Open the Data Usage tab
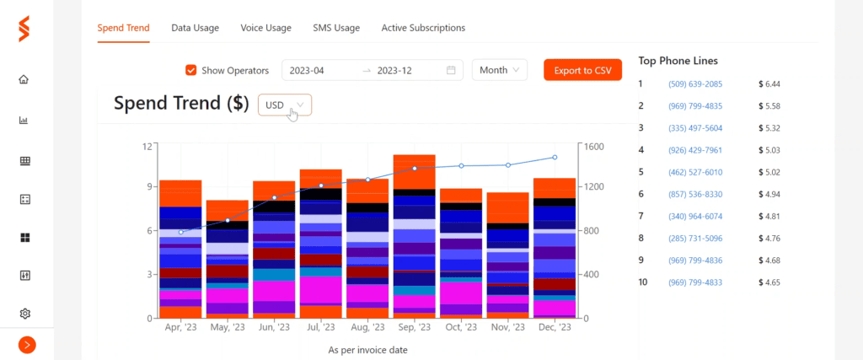(x=195, y=28)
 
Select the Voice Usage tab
(x=265, y=28)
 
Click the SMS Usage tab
(x=336, y=28)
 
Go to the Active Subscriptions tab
(x=423, y=28)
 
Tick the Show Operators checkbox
(x=191, y=71)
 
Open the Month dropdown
(x=499, y=70)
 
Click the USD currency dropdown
(x=285, y=105)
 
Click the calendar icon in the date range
(x=451, y=71)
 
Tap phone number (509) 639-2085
(x=695, y=84)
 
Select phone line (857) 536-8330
(x=695, y=194)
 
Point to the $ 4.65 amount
(x=769, y=282)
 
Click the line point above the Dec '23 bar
(x=555, y=158)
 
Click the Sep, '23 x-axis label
(x=413, y=327)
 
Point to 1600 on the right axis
(x=594, y=147)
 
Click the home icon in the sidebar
(x=24, y=79)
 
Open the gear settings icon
(x=24, y=314)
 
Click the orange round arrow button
(x=27, y=345)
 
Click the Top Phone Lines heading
(x=678, y=61)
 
